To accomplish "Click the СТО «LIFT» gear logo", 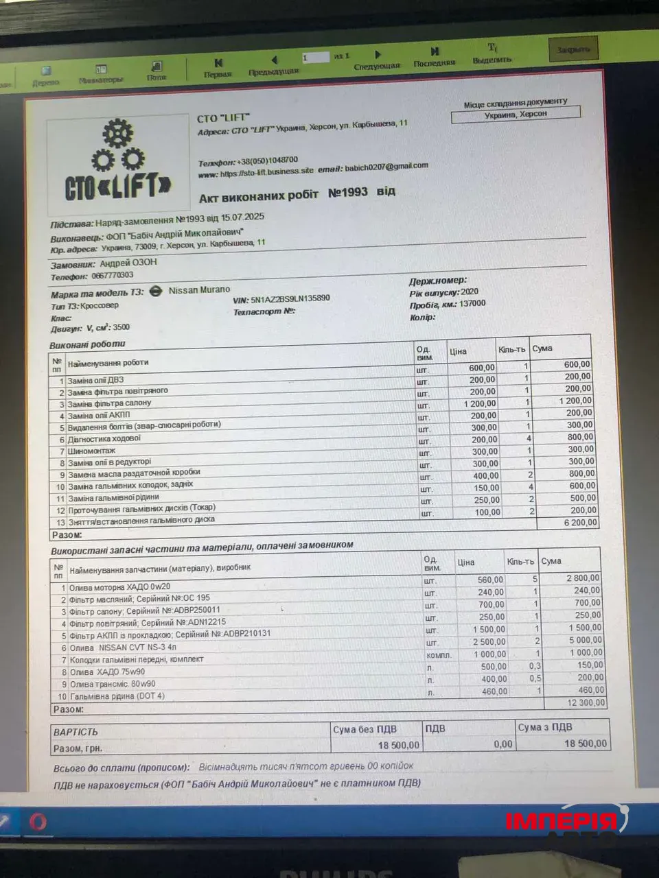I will [x=118, y=162].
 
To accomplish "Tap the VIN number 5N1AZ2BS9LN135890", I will [x=290, y=299].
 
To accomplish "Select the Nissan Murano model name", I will [x=200, y=290].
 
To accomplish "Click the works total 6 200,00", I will [x=581, y=523].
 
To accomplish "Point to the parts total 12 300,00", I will [x=586, y=702].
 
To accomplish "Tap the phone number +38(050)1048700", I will [x=267, y=161].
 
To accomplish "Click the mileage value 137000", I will [x=472, y=303].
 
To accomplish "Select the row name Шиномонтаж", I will [x=91, y=451].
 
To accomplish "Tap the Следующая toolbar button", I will [x=377, y=60].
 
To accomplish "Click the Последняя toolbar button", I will [x=435, y=56].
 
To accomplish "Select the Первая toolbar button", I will [x=218, y=67].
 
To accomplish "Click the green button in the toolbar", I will [x=573, y=49].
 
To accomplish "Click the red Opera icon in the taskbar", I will [x=38, y=821].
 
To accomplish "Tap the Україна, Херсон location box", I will [x=516, y=115].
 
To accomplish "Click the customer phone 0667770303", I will [x=113, y=276].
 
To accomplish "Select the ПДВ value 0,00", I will [x=502, y=744].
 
